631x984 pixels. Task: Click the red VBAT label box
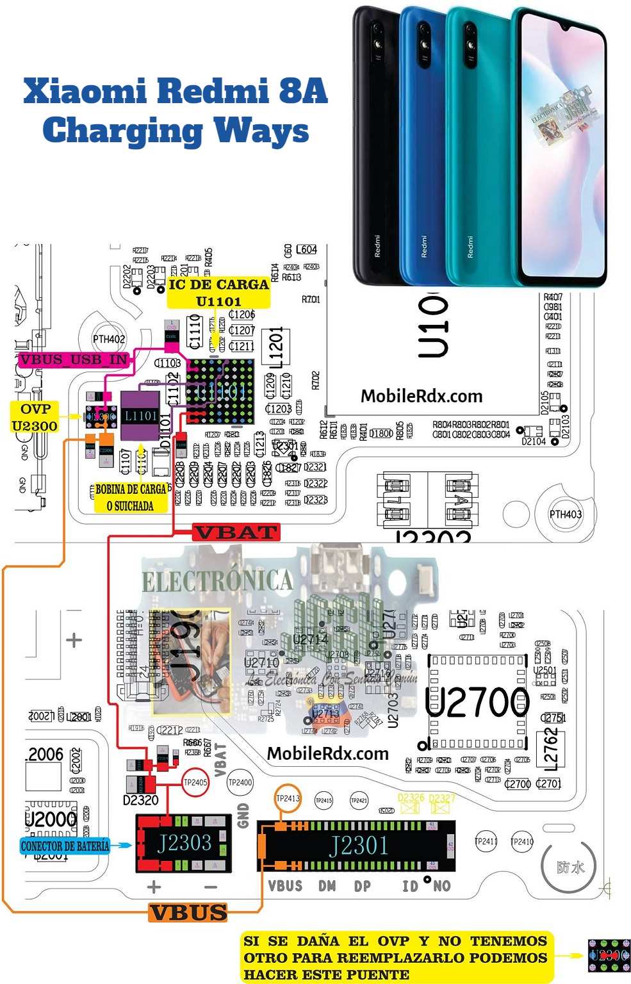pos(235,532)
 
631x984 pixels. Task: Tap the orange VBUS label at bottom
pos(188,912)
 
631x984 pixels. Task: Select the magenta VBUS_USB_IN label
pos(74,359)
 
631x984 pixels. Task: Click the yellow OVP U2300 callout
pos(35,417)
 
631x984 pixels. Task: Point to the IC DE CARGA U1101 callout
pos(218,292)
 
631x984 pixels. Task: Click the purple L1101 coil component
pos(140,416)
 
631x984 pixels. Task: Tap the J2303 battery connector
pos(183,843)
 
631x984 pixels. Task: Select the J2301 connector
pos(359,846)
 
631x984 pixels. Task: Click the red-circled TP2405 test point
pos(195,782)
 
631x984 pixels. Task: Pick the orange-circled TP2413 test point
pos(288,798)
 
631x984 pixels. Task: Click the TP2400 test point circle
pos(240,782)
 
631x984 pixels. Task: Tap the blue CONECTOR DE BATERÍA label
pos(65,846)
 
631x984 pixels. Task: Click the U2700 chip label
pos(477,703)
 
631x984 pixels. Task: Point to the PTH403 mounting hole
pos(565,514)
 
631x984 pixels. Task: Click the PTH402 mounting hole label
pos(109,339)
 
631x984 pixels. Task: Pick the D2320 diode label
pos(140,799)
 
